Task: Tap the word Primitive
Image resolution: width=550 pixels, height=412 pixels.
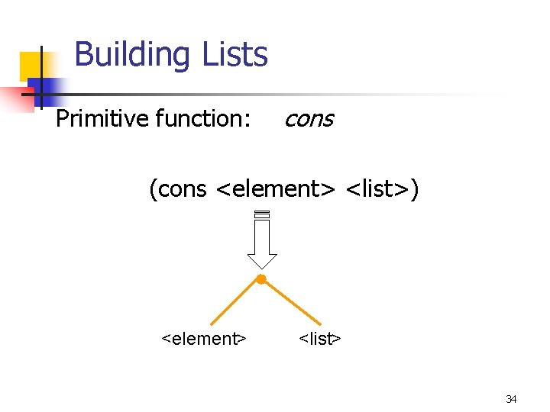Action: tap(102, 119)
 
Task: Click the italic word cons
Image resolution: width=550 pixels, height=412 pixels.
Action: tap(309, 119)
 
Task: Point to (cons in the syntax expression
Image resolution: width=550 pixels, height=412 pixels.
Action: tap(178, 188)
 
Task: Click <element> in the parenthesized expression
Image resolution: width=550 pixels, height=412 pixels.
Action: tap(277, 188)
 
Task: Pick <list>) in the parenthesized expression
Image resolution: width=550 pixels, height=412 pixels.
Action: tap(383, 188)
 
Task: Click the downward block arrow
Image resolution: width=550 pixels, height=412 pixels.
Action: tap(262, 240)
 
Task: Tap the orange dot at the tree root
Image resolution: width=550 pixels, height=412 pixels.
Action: tap(260, 280)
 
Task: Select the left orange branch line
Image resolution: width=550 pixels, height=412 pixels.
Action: tap(235, 303)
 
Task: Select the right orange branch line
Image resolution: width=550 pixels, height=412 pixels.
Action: tap(291, 303)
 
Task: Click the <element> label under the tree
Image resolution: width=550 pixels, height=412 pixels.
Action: tap(204, 338)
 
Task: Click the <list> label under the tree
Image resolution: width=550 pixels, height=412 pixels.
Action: tap(319, 338)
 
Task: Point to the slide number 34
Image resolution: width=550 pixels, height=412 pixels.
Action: tap(511, 399)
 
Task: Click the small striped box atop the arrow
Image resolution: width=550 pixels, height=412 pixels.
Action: tap(262, 214)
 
